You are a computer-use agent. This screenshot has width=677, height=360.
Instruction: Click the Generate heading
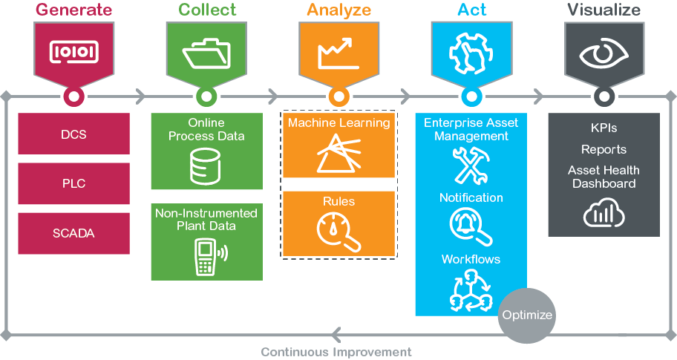click(x=73, y=10)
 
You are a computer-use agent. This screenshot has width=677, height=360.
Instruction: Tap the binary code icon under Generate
click(x=73, y=50)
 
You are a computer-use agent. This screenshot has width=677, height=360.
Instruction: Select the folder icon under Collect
click(x=206, y=52)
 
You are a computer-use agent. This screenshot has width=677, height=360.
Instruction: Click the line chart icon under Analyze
click(x=338, y=52)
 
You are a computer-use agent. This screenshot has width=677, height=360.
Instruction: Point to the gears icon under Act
click(x=471, y=52)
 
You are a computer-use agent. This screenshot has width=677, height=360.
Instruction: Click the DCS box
click(x=73, y=134)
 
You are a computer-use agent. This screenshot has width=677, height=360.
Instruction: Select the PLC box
click(x=73, y=183)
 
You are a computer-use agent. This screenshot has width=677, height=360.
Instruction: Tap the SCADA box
click(x=73, y=233)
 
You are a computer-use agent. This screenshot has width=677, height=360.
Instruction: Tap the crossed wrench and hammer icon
click(x=471, y=165)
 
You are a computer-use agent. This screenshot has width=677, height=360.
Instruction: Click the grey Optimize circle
click(x=527, y=315)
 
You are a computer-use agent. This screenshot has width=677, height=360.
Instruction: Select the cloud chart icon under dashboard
click(x=604, y=213)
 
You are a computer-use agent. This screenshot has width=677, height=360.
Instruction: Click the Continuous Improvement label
click(x=336, y=352)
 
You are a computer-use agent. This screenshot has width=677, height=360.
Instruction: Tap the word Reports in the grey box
click(x=604, y=149)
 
